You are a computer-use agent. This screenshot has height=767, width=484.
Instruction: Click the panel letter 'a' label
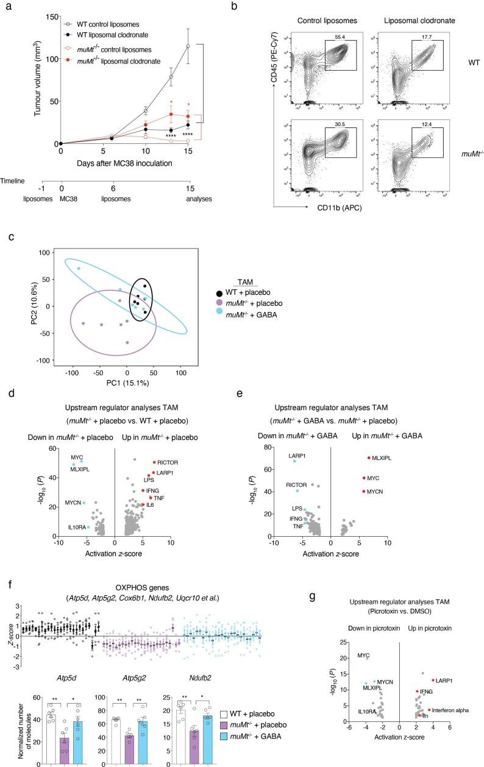click(5, 5)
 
